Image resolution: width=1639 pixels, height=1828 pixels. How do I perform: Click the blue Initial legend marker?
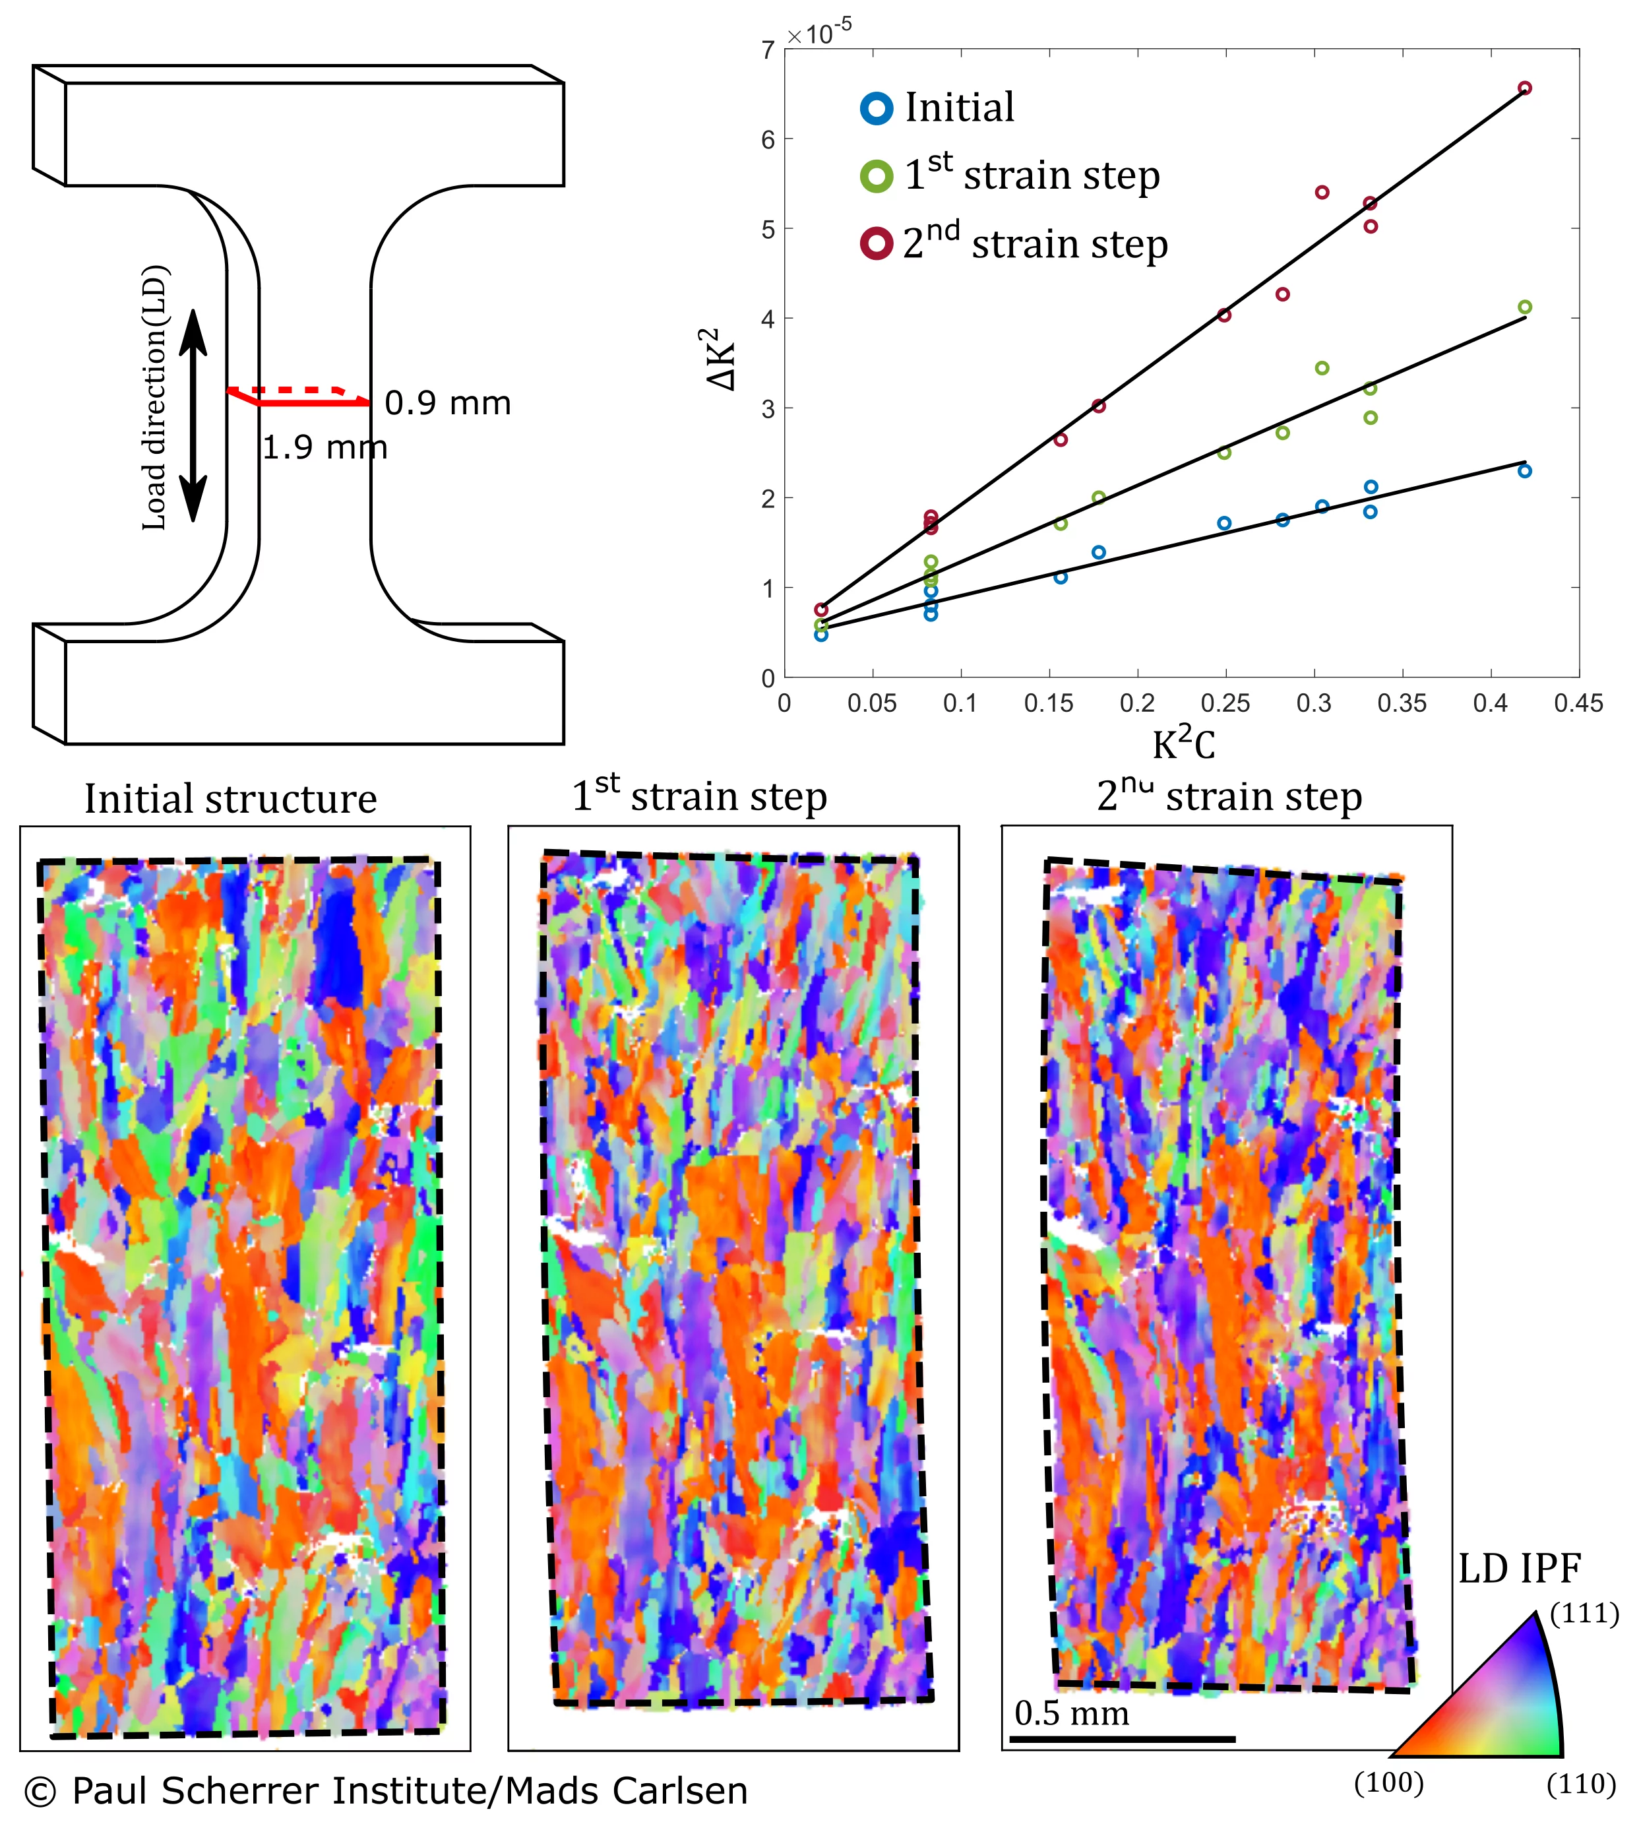[x=877, y=108]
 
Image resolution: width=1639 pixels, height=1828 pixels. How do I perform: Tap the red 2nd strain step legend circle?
[x=877, y=244]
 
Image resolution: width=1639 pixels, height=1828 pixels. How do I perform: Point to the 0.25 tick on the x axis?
[x=1225, y=703]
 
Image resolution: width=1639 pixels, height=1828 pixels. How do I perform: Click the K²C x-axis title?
[x=1183, y=745]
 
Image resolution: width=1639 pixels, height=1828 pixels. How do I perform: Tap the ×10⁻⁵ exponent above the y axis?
[x=819, y=34]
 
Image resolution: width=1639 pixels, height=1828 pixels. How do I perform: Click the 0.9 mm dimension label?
[x=448, y=404]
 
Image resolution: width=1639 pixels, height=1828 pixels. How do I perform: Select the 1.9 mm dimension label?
[x=325, y=447]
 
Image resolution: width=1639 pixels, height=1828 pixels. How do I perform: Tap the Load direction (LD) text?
[x=155, y=397]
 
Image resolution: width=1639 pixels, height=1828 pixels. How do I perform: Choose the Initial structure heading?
[x=231, y=800]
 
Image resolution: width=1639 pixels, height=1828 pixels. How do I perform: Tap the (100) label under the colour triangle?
[x=1388, y=1783]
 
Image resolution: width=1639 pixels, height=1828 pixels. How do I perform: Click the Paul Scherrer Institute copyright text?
[x=385, y=1791]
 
